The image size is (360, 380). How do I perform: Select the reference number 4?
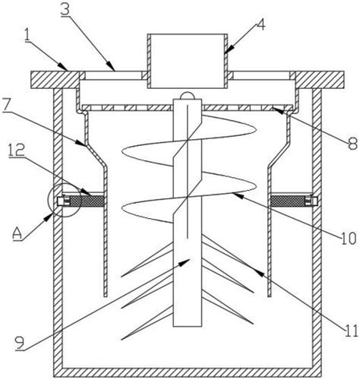coord(261,25)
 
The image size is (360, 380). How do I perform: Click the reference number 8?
coord(352,144)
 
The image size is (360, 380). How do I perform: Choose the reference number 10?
coord(349,239)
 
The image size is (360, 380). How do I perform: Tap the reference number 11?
coord(351,331)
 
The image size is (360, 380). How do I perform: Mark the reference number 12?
coord(17,150)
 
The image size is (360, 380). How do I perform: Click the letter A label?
coord(18,233)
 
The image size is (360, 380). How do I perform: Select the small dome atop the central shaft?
coord(187,95)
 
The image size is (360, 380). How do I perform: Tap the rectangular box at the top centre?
coord(188,61)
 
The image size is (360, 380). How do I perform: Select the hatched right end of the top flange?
coord(320,80)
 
